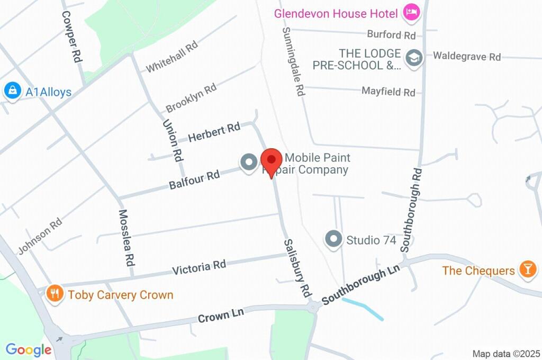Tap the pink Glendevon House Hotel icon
point(411,12)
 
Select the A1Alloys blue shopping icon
point(12,91)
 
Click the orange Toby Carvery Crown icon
point(55,294)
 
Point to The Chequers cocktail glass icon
point(528,269)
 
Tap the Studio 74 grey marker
point(333,239)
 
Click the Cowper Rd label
point(73,37)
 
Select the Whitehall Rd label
point(171,57)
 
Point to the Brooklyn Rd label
point(191,98)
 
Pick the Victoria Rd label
point(199,267)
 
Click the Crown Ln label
point(221,316)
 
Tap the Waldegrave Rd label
point(467,56)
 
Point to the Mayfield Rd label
point(389,91)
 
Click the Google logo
point(29,350)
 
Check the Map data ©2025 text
point(506,354)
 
